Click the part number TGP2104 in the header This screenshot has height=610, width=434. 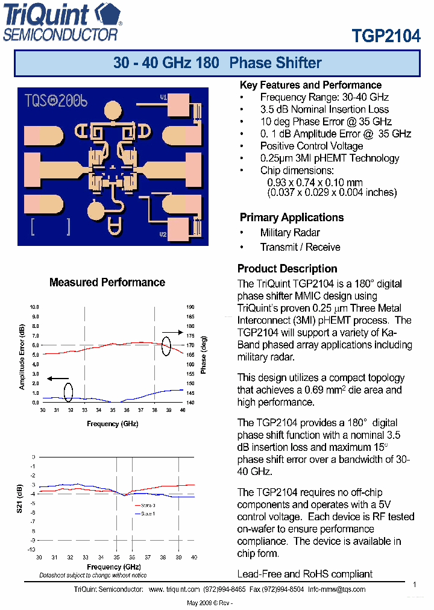tap(386, 36)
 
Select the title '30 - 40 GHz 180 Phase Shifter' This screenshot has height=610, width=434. tap(217, 63)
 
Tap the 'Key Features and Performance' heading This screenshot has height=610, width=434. tap(310, 85)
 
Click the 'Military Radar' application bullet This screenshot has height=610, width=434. tap(290, 233)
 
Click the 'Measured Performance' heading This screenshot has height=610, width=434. tap(107, 282)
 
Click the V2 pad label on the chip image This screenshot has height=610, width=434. tap(163, 234)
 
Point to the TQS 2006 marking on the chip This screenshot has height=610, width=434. tap(55, 101)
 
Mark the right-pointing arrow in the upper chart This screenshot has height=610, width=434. tap(172, 332)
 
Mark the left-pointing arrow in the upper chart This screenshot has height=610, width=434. tap(58, 379)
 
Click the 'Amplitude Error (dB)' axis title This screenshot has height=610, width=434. tap(22, 357)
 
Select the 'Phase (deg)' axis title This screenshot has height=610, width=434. tap(204, 355)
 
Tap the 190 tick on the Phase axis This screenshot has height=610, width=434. tap(190, 307)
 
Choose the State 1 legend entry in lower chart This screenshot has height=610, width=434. tap(145, 513)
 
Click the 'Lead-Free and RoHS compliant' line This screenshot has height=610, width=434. tap(305, 574)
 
